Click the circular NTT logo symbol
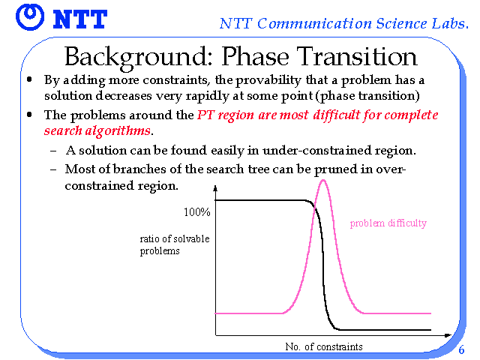(30, 17)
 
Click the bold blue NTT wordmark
(80, 19)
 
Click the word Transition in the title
(357, 57)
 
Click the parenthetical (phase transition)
(367, 96)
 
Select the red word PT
(205, 115)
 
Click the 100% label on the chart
(196, 211)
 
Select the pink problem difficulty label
(388, 223)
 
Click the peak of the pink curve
(323, 180)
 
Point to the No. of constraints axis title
(324, 346)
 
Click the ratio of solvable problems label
(175, 244)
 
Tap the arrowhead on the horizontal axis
(448, 335)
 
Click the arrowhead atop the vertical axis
(215, 188)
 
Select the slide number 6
(461, 349)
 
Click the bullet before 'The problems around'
(29, 115)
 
